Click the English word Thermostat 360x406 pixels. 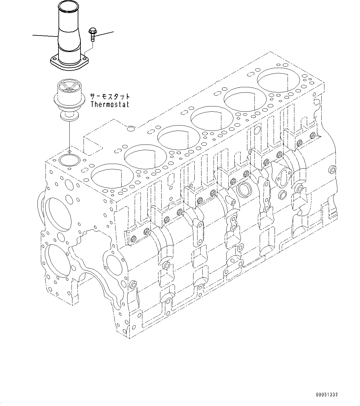coord(110,104)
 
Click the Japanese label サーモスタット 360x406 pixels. coord(110,97)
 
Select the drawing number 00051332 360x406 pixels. coord(327,395)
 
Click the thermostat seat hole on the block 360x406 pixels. coord(69,160)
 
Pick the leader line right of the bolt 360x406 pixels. coord(105,33)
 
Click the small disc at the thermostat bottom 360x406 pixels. coord(69,116)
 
